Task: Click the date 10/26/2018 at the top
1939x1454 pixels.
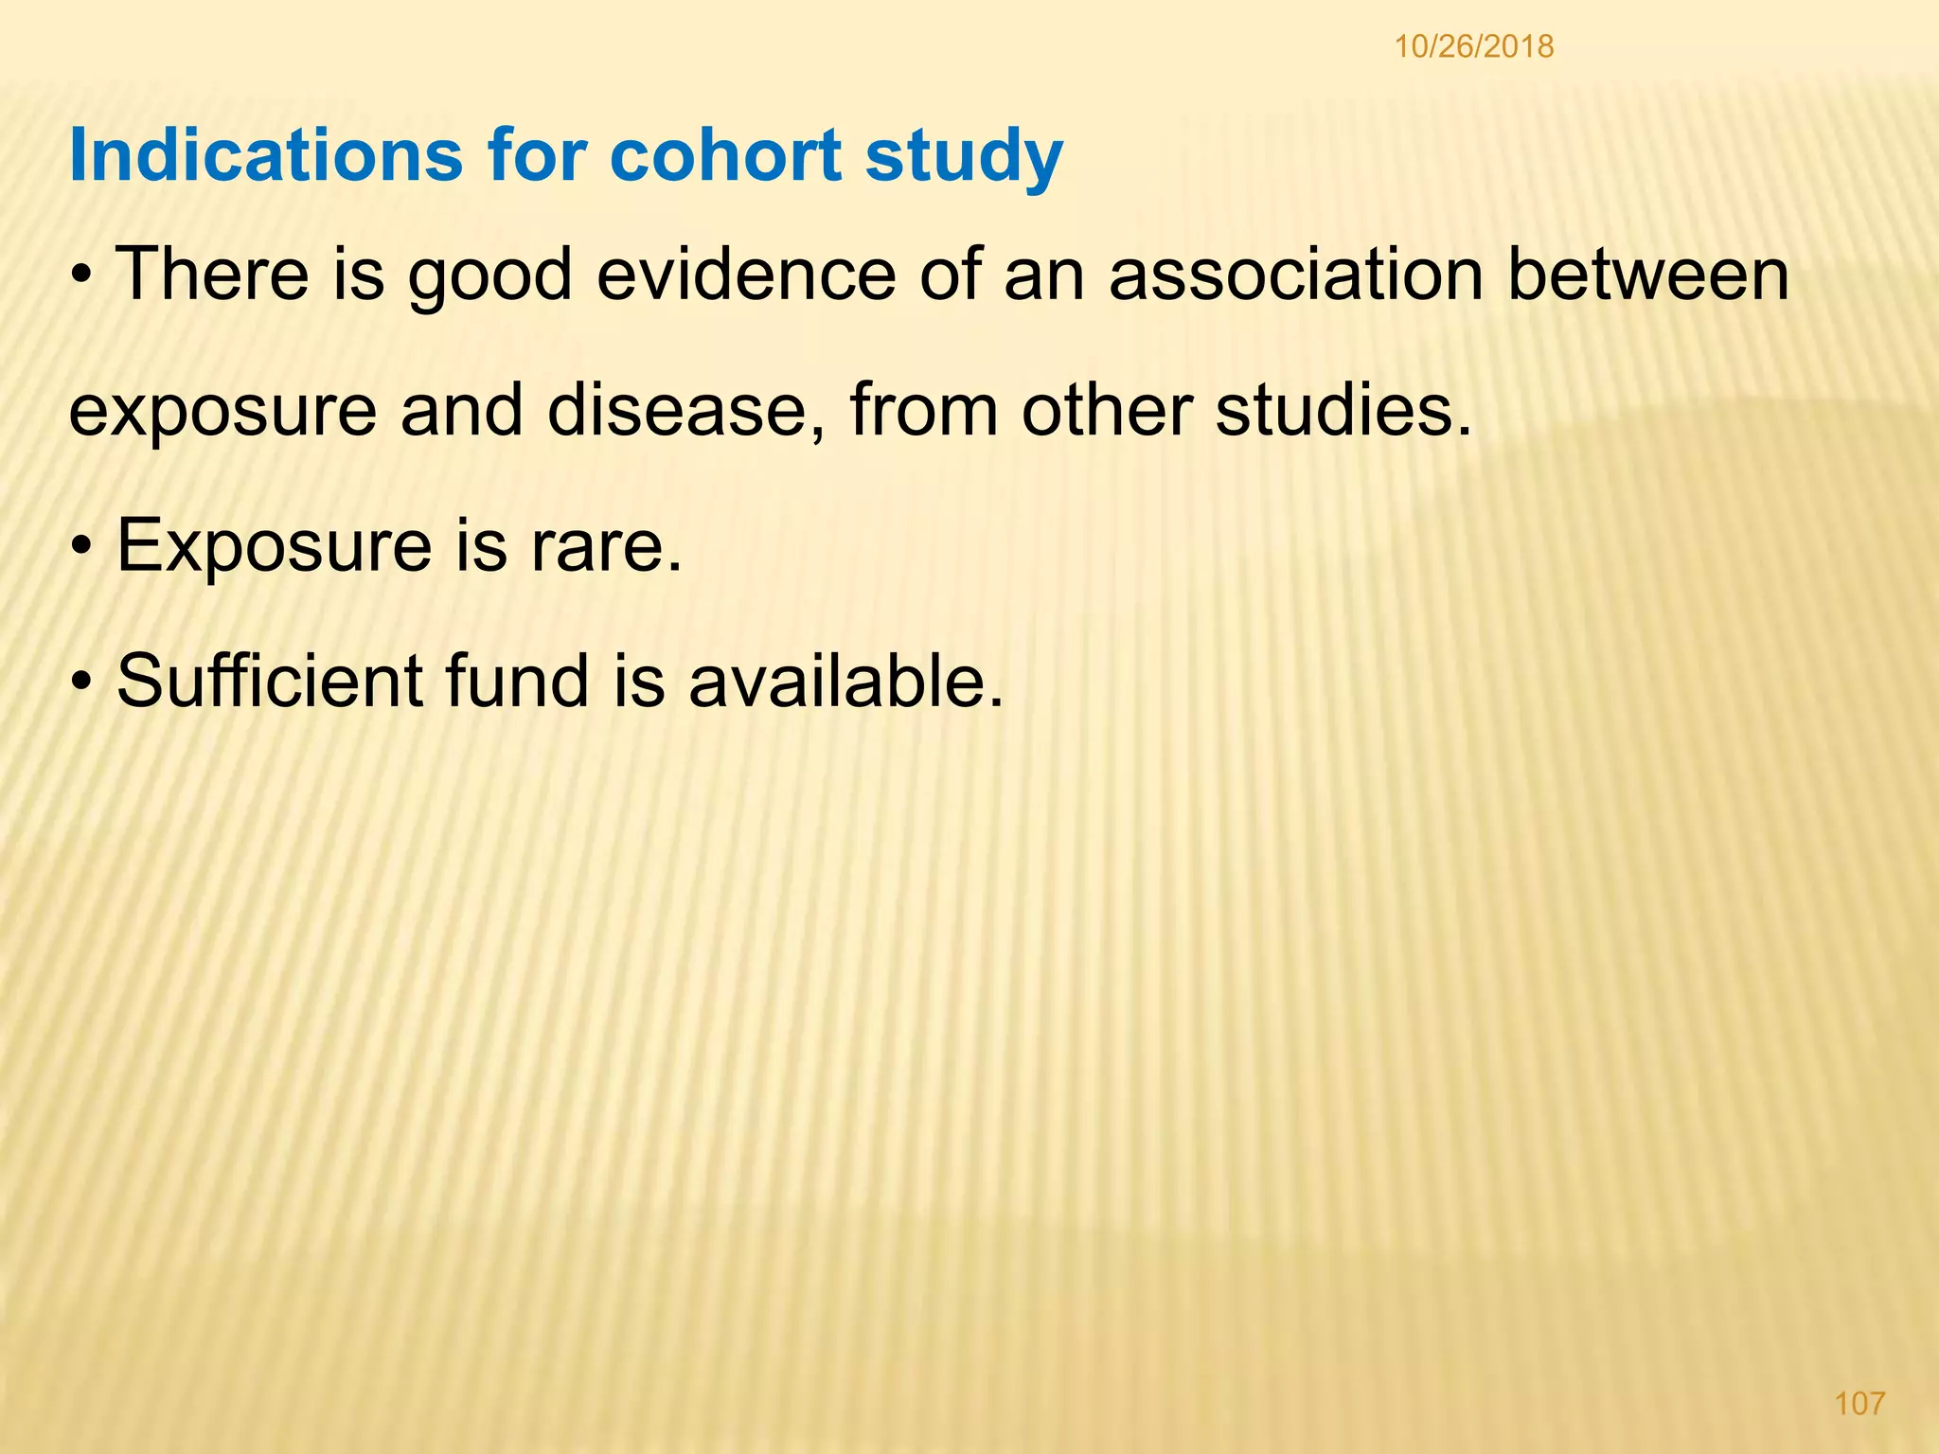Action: point(1474,46)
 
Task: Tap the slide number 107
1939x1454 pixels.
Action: point(1859,1403)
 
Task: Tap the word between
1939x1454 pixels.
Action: point(1648,275)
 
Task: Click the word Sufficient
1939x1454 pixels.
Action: point(270,681)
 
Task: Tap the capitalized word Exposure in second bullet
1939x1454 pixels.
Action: point(274,548)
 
